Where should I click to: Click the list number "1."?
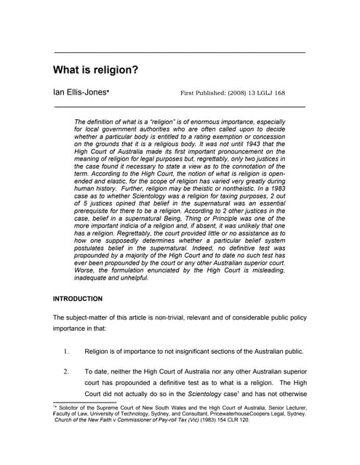pyautogui.click(x=65, y=352)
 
